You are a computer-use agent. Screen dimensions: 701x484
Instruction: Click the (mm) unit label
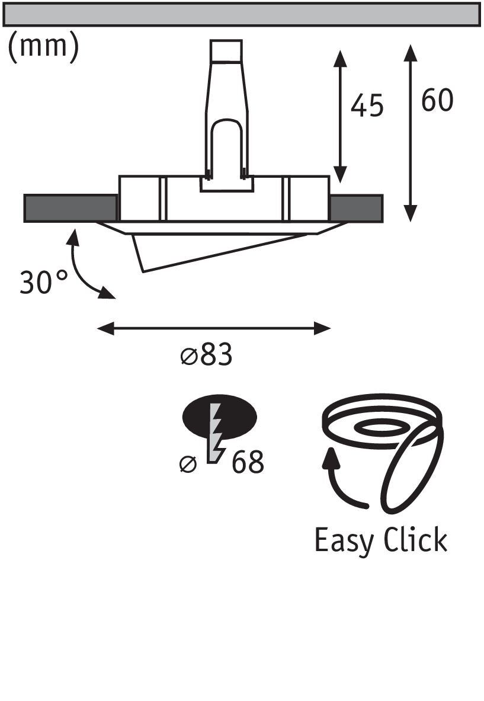point(43,47)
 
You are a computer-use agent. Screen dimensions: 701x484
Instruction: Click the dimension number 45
point(367,106)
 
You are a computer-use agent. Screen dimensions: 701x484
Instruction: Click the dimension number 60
point(437,101)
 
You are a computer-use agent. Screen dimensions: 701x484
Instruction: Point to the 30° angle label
point(44,282)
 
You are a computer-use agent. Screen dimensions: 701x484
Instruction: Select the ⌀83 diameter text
point(206,356)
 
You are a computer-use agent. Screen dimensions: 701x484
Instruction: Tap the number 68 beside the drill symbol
point(248,463)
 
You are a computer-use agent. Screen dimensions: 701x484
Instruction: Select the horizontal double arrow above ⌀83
point(213,328)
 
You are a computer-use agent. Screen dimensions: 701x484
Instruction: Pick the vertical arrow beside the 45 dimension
point(339,116)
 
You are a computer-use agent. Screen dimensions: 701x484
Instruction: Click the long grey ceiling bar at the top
point(241,14)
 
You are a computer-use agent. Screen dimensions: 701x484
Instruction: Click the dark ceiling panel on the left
point(70,208)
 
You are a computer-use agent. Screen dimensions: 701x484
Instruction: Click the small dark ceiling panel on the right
point(356,208)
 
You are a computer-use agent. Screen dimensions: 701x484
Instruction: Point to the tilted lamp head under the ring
point(207,249)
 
